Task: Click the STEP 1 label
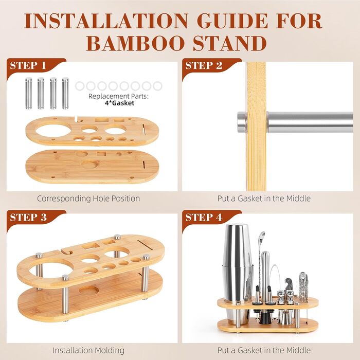[28, 66]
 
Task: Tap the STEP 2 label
[204, 66]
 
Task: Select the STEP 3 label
[28, 218]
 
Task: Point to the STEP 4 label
[204, 218]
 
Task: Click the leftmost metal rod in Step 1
[28, 93]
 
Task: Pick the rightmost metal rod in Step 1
[65, 93]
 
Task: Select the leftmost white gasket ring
[80, 86]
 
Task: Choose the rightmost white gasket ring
[158, 86]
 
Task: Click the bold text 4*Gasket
[119, 103]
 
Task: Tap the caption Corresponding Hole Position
[88, 199]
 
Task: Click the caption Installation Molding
[88, 350]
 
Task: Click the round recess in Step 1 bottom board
[90, 164]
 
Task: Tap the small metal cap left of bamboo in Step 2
[242, 122]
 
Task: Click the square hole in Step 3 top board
[91, 246]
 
